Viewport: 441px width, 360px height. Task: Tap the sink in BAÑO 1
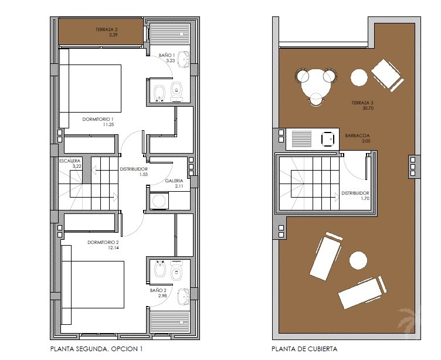pos(184,60)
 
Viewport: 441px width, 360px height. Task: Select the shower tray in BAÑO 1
pos(170,34)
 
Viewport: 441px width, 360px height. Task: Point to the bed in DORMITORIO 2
pos(93,284)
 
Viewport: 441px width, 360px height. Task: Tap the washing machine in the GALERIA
pos(159,201)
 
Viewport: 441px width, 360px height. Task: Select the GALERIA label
pos(174,181)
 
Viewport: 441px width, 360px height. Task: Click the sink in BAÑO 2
pos(184,297)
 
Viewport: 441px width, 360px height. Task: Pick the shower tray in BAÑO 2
pos(170,322)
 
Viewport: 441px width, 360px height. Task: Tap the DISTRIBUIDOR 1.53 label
pos(134,172)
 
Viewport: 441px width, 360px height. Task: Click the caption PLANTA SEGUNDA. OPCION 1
pos(96,349)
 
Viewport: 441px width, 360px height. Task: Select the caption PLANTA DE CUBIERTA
pos(304,349)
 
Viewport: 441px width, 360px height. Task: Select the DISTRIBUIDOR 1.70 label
pos(355,196)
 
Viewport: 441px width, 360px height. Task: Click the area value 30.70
pos(368,108)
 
